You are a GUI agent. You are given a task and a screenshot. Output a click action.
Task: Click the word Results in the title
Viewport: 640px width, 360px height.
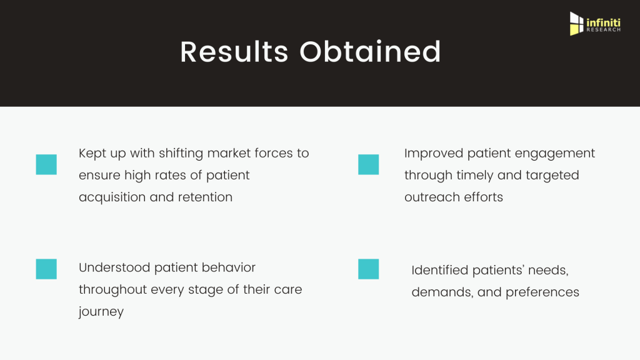click(x=234, y=52)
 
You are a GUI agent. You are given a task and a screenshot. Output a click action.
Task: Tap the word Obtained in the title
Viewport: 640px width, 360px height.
click(x=370, y=52)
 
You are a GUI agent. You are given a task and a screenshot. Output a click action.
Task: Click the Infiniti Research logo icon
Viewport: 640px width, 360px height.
click(x=576, y=24)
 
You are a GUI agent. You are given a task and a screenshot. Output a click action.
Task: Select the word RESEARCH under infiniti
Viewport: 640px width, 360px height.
click(x=604, y=30)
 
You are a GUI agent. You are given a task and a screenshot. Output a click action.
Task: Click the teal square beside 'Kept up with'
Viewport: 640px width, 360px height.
click(x=46, y=164)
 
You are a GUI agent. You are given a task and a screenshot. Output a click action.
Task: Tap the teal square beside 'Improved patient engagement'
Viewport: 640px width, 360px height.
click(x=369, y=164)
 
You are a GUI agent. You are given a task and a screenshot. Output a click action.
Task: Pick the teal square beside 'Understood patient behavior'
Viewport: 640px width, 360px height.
click(x=46, y=269)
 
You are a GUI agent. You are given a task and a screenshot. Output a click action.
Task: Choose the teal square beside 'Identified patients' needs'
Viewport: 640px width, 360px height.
click(x=369, y=269)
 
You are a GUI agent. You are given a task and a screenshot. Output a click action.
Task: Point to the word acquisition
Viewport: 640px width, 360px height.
click(x=112, y=197)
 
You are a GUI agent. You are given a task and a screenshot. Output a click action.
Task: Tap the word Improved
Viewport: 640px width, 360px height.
click(x=434, y=154)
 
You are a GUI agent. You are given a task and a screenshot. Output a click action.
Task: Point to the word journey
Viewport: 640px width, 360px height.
click(x=101, y=312)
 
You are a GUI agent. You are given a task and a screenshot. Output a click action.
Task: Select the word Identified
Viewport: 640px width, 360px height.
click(x=440, y=270)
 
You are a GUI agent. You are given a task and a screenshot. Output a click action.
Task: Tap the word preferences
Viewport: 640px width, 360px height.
click(x=542, y=292)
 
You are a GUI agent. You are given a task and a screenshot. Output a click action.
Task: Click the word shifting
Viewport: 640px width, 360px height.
click(x=181, y=154)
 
